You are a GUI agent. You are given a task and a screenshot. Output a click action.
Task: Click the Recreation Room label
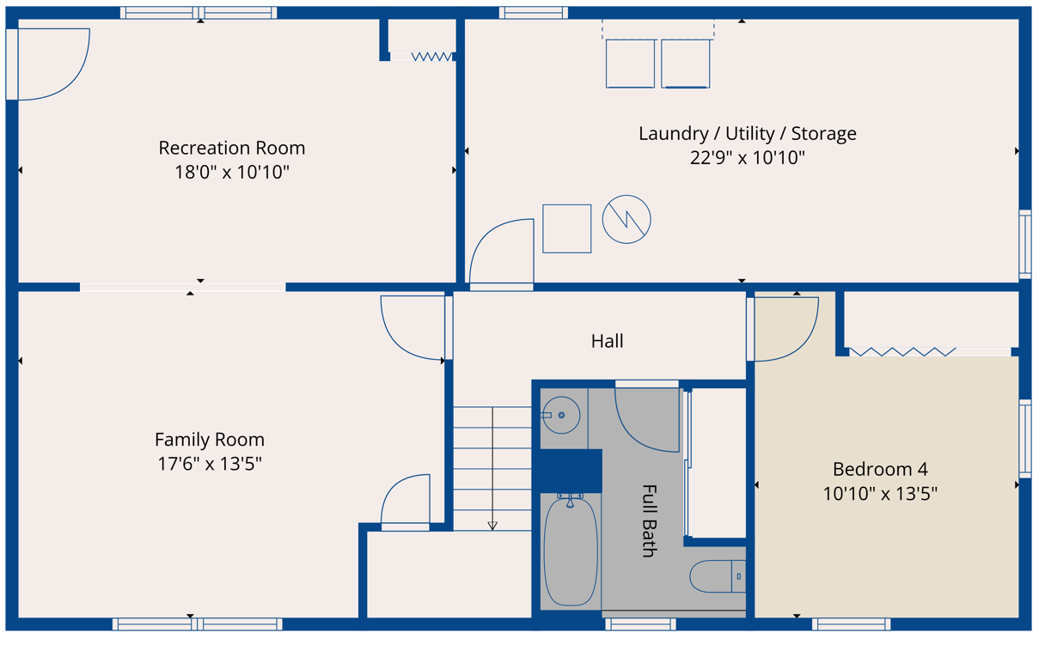pyautogui.click(x=232, y=149)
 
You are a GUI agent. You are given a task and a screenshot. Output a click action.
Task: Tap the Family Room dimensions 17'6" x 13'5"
pyautogui.click(x=210, y=464)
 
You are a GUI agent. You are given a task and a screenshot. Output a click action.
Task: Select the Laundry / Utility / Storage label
pyautogui.click(x=748, y=134)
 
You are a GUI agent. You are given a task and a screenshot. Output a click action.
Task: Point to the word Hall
pyautogui.click(x=607, y=341)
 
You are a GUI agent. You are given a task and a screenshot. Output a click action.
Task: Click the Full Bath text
pyautogui.click(x=650, y=521)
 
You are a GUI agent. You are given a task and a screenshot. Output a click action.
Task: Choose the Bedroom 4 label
pyautogui.click(x=880, y=469)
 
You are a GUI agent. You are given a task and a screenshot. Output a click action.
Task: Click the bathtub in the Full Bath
pyautogui.click(x=571, y=551)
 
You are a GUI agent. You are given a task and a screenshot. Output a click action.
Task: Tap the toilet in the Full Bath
pyautogui.click(x=718, y=576)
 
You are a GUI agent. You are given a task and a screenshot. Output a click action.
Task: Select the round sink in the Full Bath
pyautogui.click(x=561, y=415)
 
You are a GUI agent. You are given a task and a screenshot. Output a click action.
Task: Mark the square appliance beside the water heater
pyautogui.click(x=567, y=228)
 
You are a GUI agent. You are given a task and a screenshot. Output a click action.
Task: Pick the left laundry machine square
pyautogui.click(x=631, y=64)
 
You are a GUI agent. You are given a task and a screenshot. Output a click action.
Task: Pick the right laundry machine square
pyautogui.click(x=685, y=64)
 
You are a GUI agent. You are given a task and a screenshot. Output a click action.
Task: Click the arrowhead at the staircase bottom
pyautogui.click(x=492, y=526)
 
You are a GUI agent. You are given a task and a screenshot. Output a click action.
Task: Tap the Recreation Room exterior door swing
pyautogui.click(x=70, y=79)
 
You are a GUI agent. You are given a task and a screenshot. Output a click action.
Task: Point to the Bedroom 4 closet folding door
pyautogui.click(x=902, y=351)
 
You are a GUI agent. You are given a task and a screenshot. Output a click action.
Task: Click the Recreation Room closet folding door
pyautogui.click(x=431, y=57)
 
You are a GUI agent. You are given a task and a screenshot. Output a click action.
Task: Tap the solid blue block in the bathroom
pyautogui.click(x=571, y=471)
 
